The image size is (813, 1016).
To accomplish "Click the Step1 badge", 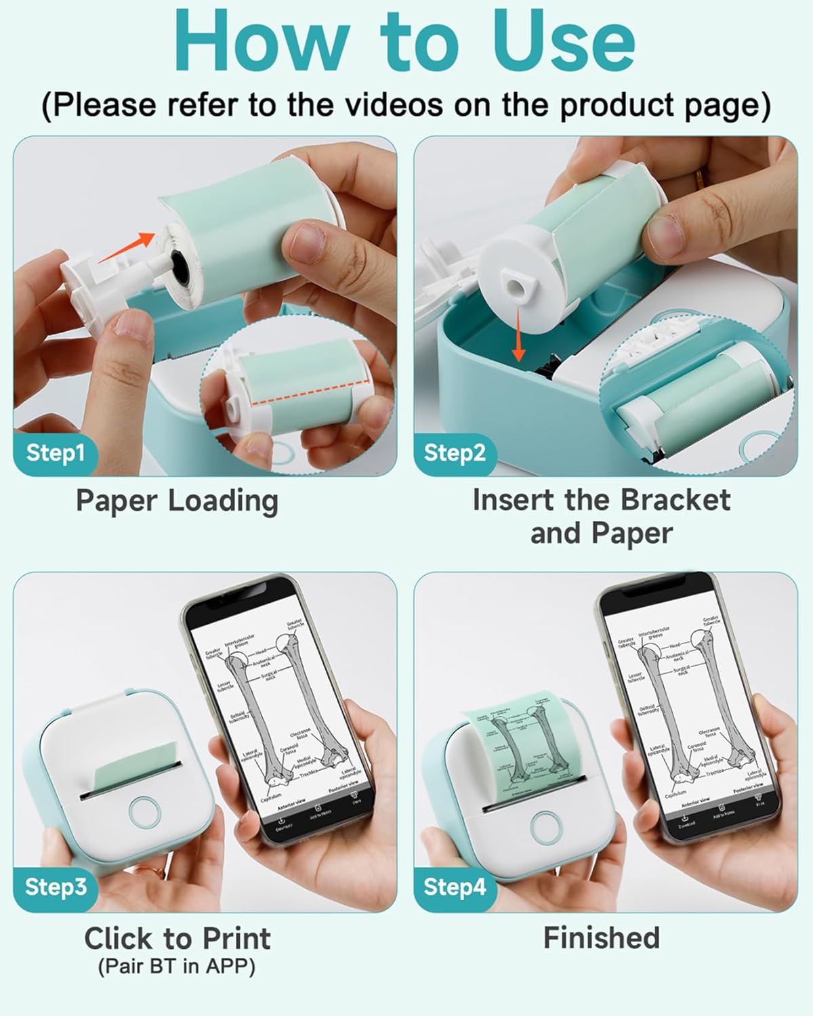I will [55, 452].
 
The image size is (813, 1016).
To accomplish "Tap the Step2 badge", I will [455, 452].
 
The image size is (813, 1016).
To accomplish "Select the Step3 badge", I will [56, 887].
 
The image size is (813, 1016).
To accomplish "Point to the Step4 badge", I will [455, 887].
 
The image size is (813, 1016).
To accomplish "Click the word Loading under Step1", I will [223, 501].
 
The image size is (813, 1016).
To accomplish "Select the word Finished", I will [602, 938].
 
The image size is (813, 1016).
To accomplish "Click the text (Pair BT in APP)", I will [177, 967].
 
